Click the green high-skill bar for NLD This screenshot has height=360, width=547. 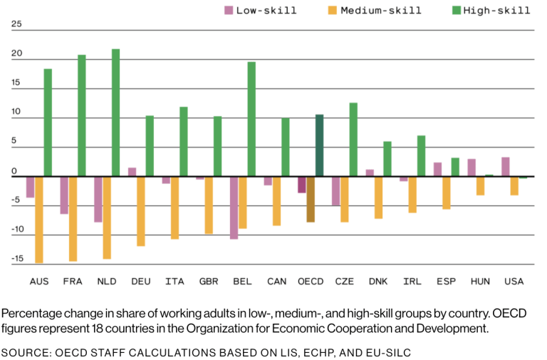[115, 113]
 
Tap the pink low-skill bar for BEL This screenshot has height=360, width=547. [234, 207]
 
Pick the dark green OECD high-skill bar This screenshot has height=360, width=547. [319, 145]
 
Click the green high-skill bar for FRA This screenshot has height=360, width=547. [81, 115]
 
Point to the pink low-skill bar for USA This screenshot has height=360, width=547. [505, 167]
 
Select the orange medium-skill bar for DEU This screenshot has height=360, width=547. [141, 211]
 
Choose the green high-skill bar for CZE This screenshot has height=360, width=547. [353, 140]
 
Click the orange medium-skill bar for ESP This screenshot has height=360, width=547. [446, 192]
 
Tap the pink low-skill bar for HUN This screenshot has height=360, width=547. [472, 168]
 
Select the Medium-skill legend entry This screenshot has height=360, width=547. [374, 10]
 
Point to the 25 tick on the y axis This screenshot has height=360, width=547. [16, 24]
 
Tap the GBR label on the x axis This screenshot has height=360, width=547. [209, 282]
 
